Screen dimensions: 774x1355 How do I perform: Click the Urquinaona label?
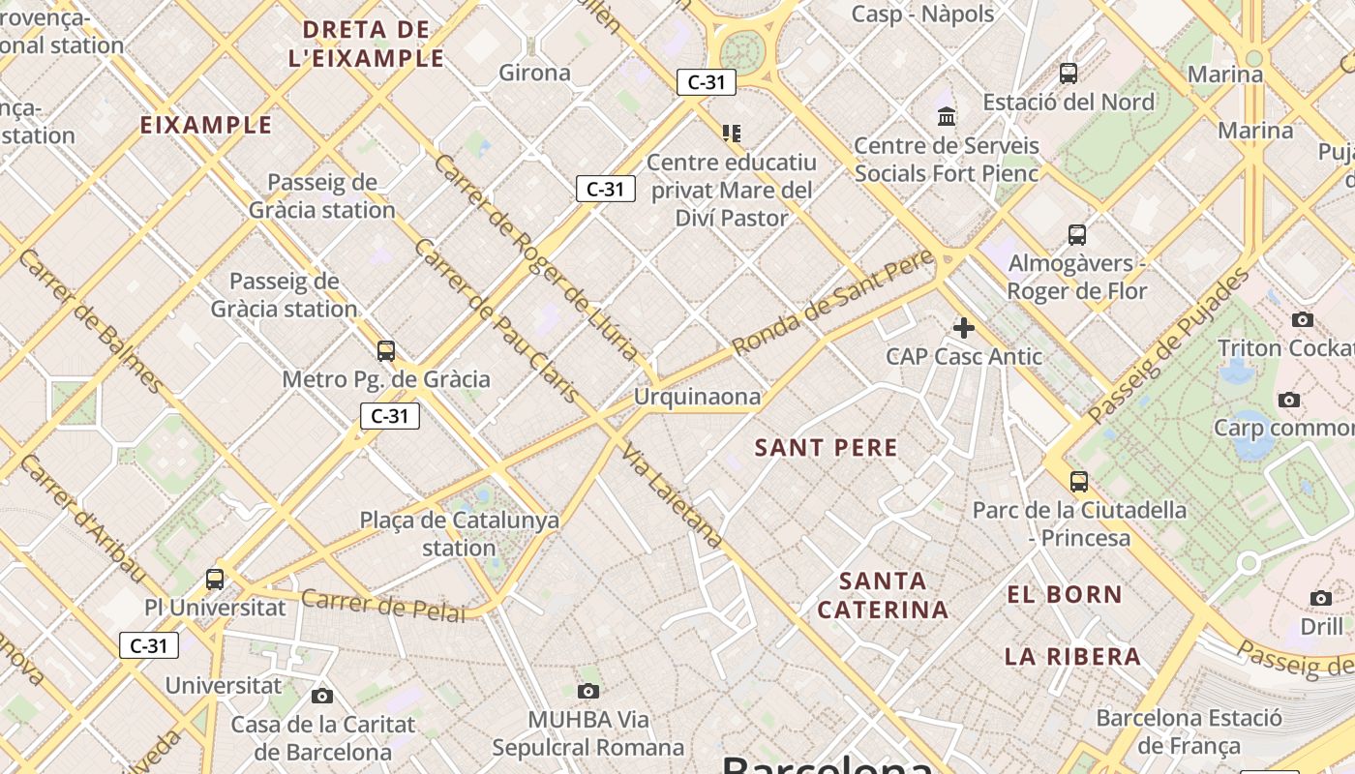click(x=697, y=397)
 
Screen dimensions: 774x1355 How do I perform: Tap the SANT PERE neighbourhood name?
click(x=826, y=447)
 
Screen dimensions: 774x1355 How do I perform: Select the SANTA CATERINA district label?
click(x=882, y=595)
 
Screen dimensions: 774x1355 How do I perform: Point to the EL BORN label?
click(x=1065, y=594)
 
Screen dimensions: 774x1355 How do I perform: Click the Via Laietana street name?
click(x=672, y=496)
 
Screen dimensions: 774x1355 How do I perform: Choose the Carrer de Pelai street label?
click(x=383, y=605)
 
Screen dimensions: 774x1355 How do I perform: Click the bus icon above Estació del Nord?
click(x=1069, y=74)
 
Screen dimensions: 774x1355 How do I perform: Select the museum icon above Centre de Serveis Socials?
click(x=947, y=117)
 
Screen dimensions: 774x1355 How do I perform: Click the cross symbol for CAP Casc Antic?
click(x=964, y=328)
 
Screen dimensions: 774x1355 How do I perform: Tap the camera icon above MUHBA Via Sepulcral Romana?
click(x=587, y=691)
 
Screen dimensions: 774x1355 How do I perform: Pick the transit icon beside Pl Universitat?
click(x=215, y=580)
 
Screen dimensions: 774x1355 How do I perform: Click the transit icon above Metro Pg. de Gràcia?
click(x=386, y=351)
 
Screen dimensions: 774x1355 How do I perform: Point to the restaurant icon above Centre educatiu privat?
click(x=732, y=133)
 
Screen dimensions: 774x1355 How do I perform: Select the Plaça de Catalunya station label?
click(x=460, y=533)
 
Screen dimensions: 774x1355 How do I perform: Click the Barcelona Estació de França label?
click(x=1189, y=731)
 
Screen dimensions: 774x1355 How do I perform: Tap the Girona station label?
click(x=534, y=73)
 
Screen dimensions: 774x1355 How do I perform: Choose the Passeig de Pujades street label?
click(x=1168, y=344)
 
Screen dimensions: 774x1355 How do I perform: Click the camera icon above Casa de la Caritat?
click(x=322, y=696)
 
